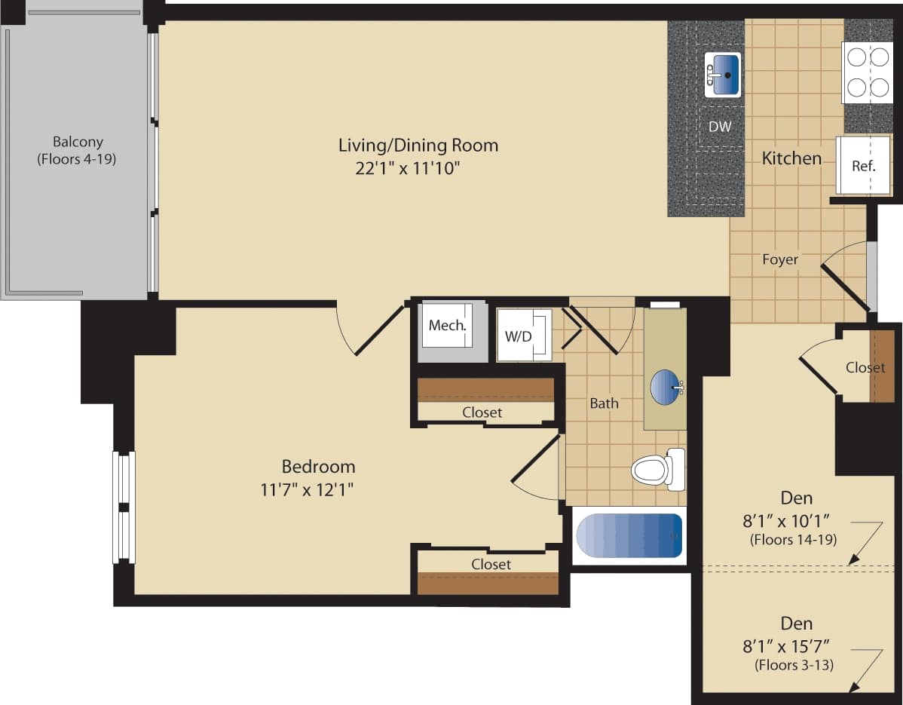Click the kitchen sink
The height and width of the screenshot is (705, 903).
(723, 75)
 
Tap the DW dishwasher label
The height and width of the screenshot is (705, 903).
(720, 127)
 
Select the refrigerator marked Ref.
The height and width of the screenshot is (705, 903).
(863, 166)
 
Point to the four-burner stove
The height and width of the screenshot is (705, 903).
(868, 72)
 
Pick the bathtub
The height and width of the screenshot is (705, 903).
(629, 536)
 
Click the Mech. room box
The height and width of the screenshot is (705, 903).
(448, 326)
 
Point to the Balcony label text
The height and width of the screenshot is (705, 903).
(78, 142)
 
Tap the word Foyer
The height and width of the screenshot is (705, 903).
(779, 259)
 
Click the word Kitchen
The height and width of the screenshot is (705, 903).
(791, 158)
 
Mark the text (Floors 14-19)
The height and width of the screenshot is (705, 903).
(793, 540)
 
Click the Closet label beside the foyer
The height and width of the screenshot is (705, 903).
(865, 368)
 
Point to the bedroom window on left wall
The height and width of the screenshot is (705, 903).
(124, 507)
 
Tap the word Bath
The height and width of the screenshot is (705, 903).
(604, 403)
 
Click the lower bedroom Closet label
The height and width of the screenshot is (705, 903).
(491, 564)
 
